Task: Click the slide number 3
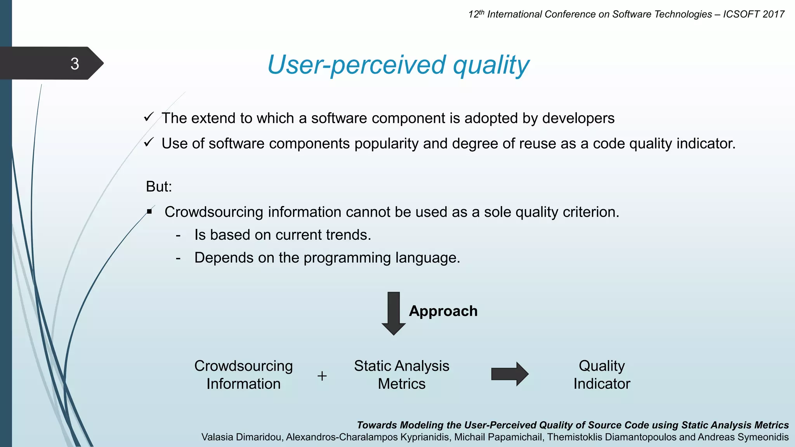click(75, 64)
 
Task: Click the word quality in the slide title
click(491, 65)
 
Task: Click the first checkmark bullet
click(149, 117)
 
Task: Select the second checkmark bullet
click(149, 142)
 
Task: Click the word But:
click(159, 187)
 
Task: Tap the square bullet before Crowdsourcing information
click(149, 212)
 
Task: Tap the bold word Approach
click(443, 311)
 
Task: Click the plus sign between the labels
click(322, 376)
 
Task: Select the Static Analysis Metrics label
click(401, 375)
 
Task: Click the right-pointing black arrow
click(509, 374)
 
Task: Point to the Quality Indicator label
click(602, 375)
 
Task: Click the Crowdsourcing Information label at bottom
click(243, 375)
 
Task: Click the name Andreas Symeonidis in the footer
click(743, 437)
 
